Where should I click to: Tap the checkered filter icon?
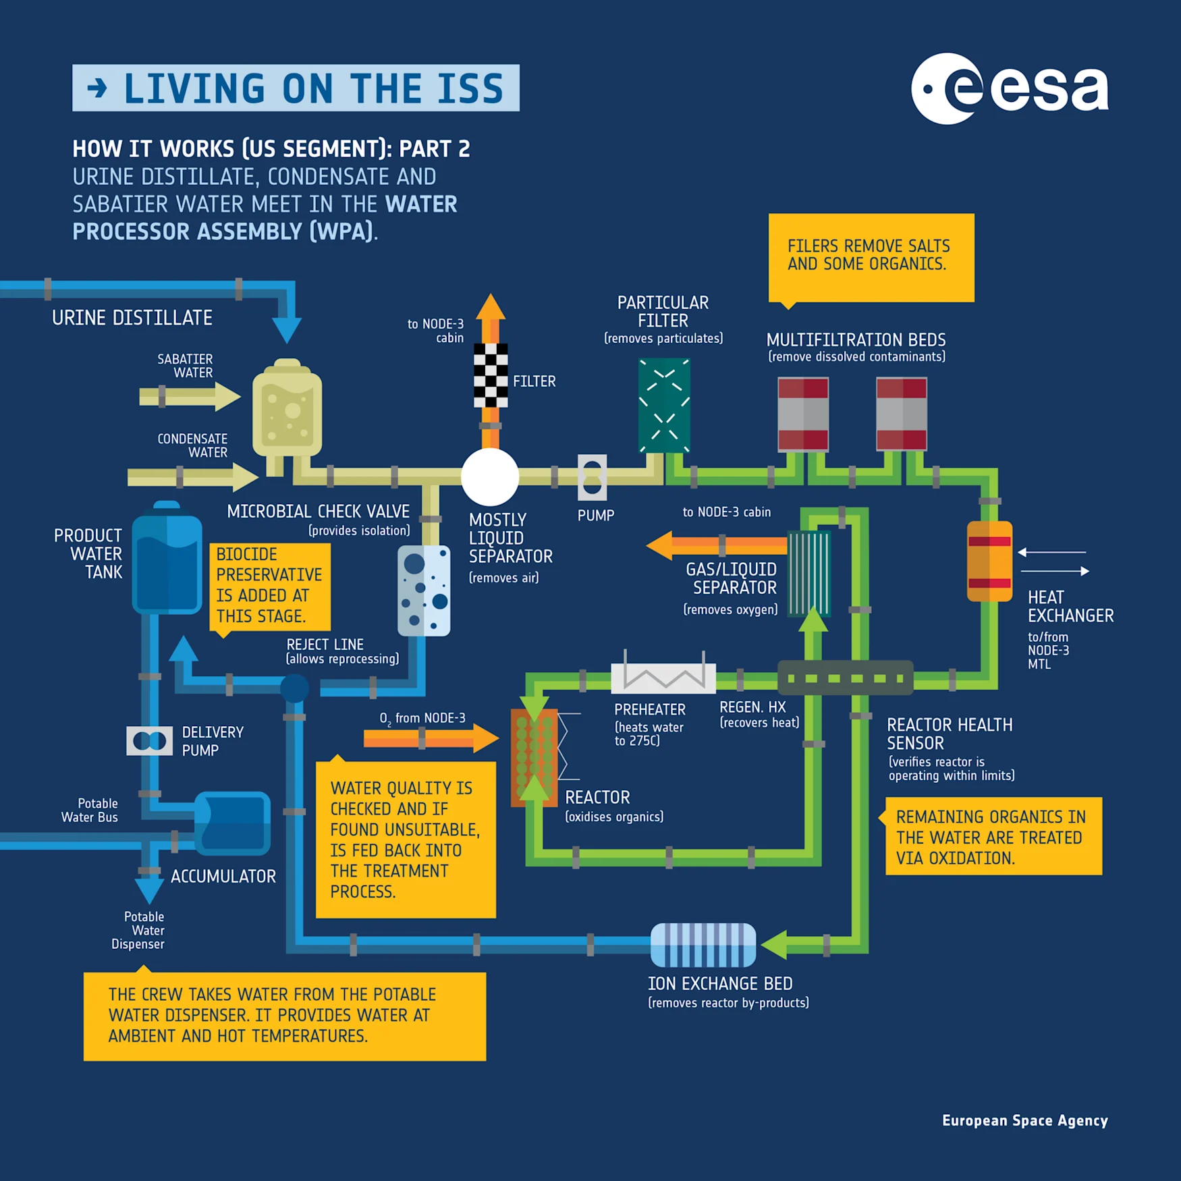(x=491, y=375)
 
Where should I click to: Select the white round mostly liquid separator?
(x=490, y=476)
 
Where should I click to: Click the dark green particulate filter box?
(x=664, y=405)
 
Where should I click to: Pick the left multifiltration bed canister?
(x=803, y=414)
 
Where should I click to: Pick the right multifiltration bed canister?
(x=901, y=414)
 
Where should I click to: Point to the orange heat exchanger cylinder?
(x=989, y=561)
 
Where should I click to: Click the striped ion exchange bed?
(x=703, y=945)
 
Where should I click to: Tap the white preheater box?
(x=663, y=678)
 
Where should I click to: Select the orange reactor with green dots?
(x=534, y=757)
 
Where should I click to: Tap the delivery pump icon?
(x=150, y=741)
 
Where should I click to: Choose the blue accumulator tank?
(x=233, y=824)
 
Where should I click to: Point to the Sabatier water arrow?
(x=189, y=396)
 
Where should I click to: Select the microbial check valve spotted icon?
(x=424, y=591)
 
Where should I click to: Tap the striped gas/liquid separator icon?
(x=808, y=573)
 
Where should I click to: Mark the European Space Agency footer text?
(x=1024, y=1121)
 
